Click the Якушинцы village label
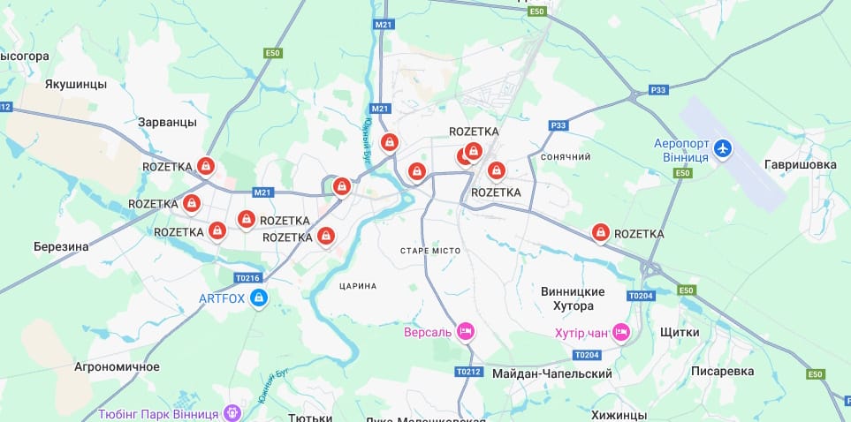click(76, 85)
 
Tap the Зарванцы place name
click(168, 122)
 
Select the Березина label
click(61, 247)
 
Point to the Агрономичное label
click(117, 366)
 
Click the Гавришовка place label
click(801, 165)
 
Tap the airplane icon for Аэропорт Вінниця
click(724, 148)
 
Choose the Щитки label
click(680, 333)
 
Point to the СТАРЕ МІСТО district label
click(430, 252)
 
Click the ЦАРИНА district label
click(358, 286)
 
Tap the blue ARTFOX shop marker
click(259, 298)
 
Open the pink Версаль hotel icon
click(466, 332)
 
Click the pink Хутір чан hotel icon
click(621, 332)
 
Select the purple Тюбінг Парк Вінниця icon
click(232, 412)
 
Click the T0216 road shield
click(248, 277)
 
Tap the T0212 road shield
click(468, 372)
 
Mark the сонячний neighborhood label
click(565, 157)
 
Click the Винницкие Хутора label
click(573, 298)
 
